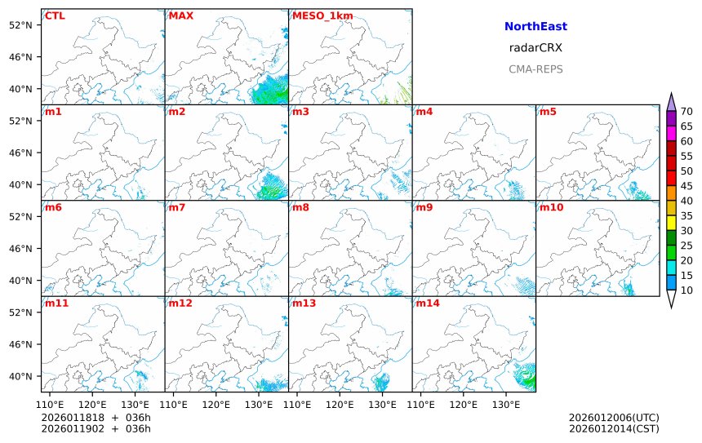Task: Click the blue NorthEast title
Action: [535, 27]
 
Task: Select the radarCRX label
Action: [535, 48]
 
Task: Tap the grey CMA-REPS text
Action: [535, 69]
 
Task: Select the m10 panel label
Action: [551, 207]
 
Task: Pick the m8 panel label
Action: [300, 207]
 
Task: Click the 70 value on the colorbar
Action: [686, 112]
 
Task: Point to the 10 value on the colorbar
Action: [686, 290]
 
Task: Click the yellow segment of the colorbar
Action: [671, 223]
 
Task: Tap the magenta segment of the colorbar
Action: [671, 133]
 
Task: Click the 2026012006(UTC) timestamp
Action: [614, 418]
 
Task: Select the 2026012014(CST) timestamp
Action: [614, 429]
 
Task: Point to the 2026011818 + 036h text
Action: [96, 418]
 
